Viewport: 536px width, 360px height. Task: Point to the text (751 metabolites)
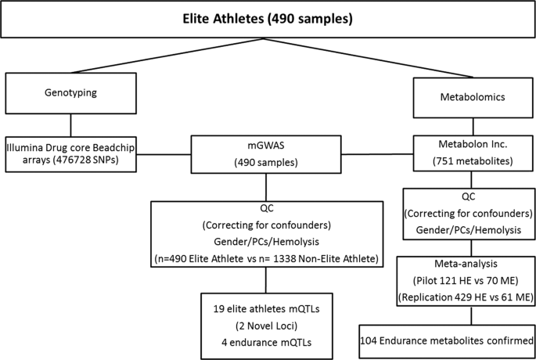(473, 160)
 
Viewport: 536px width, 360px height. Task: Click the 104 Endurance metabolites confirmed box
(448, 340)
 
